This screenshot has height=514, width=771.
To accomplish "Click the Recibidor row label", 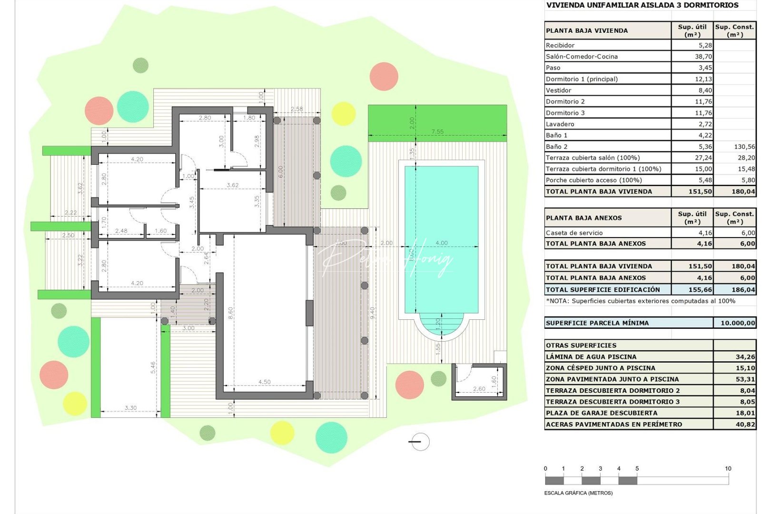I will pyautogui.click(x=560, y=45).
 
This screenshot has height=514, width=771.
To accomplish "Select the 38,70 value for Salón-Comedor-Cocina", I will pyautogui.click(x=703, y=56).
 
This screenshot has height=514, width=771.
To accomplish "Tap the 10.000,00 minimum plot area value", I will pyautogui.click(x=737, y=323).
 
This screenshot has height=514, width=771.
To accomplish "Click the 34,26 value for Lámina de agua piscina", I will pyautogui.click(x=745, y=356).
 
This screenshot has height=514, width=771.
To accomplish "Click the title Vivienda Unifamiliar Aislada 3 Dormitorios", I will pyautogui.click(x=642, y=5).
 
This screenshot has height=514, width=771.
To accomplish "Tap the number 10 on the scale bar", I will pyautogui.click(x=728, y=469).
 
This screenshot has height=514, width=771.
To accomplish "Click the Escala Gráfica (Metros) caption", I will pyautogui.click(x=578, y=493).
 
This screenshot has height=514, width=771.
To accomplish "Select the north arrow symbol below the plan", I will pyautogui.click(x=419, y=442).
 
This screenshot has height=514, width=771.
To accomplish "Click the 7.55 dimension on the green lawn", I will pyautogui.click(x=437, y=132).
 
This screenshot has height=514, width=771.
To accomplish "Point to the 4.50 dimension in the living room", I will pyautogui.click(x=264, y=382).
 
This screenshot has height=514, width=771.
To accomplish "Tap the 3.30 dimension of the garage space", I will pyautogui.click(x=130, y=408).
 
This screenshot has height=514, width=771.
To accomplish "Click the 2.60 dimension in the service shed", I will pyautogui.click(x=479, y=389).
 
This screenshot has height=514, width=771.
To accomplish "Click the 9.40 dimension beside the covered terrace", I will pyautogui.click(x=373, y=312).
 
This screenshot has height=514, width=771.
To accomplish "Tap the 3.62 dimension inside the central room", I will pyautogui.click(x=232, y=185).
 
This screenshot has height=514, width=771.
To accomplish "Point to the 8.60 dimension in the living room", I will pyautogui.click(x=231, y=313).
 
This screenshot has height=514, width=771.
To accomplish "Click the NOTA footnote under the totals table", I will pyautogui.click(x=640, y=301).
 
